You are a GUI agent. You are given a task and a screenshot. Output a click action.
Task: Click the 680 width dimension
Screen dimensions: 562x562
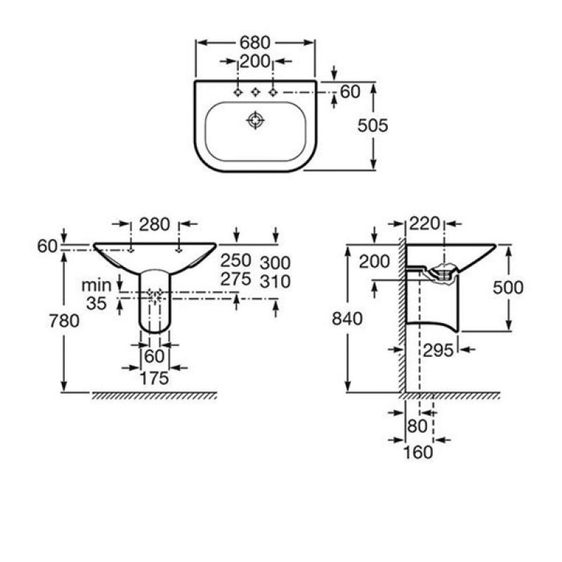pyautogui.click(x=255, y=43)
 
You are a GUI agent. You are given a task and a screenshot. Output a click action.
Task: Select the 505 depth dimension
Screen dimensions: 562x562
pyautogui.click(x=373, y=126)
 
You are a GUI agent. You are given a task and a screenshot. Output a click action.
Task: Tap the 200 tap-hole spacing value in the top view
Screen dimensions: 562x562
pyautogui.click(x=255, y=62)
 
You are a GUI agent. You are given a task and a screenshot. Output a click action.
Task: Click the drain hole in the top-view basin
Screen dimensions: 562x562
pyautogui.click(x=256, y=120)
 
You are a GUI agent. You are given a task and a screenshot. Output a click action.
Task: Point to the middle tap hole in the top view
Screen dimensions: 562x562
pyautogui.click(x=256, y=92)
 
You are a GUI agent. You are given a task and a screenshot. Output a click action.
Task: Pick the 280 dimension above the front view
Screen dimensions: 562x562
pyautogui.click(x=155, y=225)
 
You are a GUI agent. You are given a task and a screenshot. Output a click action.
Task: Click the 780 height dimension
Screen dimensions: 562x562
pyautogui.click(x=64, y=321)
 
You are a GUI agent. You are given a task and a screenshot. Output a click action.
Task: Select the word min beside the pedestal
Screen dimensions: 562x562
pyautogui.click(x=96, y=286)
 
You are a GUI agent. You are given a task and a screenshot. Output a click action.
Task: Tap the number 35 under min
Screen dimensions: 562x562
pyautogui.click(x=96, y=303)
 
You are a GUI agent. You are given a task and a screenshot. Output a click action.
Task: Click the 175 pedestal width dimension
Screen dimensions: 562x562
pyautogui.click(x=155, y=379)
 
